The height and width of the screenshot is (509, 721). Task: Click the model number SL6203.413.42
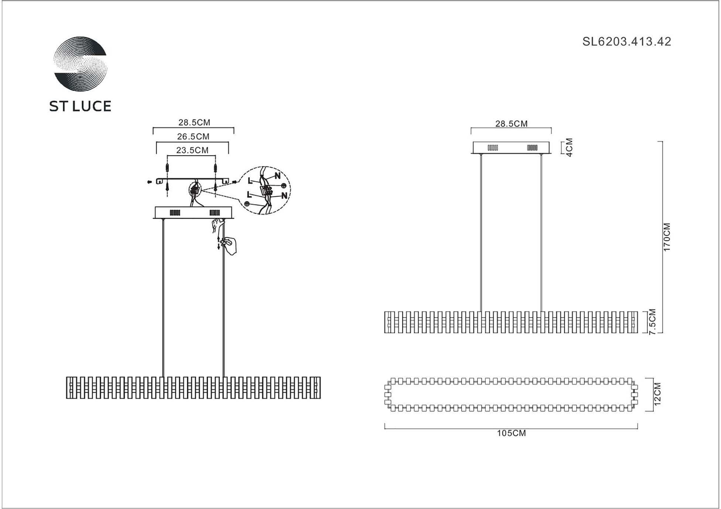[626, 41]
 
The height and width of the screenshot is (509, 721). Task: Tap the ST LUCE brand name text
[80, 106]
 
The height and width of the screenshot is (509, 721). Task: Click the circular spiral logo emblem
[80, 64]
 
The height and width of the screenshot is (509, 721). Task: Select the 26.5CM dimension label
[193, 136]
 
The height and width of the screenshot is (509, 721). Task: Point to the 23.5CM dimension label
[192, 150]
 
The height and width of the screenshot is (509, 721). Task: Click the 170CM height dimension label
[667, 237]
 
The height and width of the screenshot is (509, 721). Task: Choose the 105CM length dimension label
[511, 433]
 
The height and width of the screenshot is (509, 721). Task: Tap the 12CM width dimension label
[657, 394]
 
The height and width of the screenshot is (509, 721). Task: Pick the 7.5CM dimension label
[652, 322]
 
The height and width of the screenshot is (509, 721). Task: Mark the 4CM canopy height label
[569, 148]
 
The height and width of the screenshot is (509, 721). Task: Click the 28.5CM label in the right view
[511, 124]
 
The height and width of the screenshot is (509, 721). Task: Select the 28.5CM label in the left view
[194, 122]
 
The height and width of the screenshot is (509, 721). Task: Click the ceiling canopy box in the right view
[511, 148]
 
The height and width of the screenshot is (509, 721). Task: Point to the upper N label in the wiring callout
[277, 176]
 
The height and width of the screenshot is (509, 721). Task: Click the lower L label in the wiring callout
[249, 195]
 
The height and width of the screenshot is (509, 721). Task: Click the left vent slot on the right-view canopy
[493, 148]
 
